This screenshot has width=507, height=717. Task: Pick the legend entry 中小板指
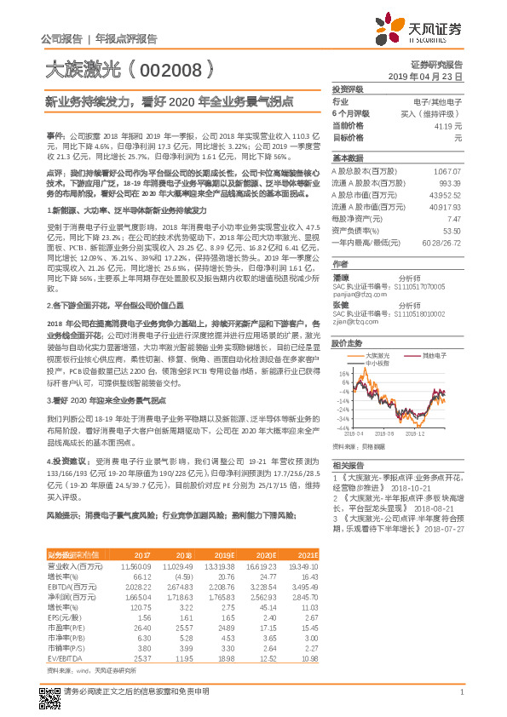pyautogui.click(x=378, y=362)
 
